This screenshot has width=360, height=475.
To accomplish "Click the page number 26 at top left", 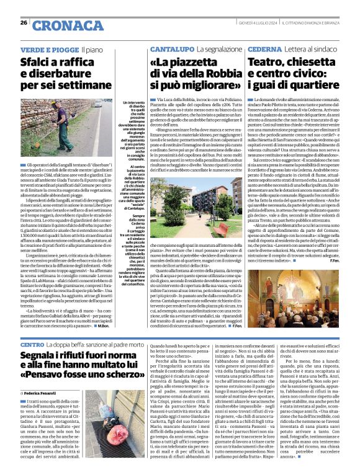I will [23, 23].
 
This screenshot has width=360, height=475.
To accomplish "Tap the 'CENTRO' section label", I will [32, 344].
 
